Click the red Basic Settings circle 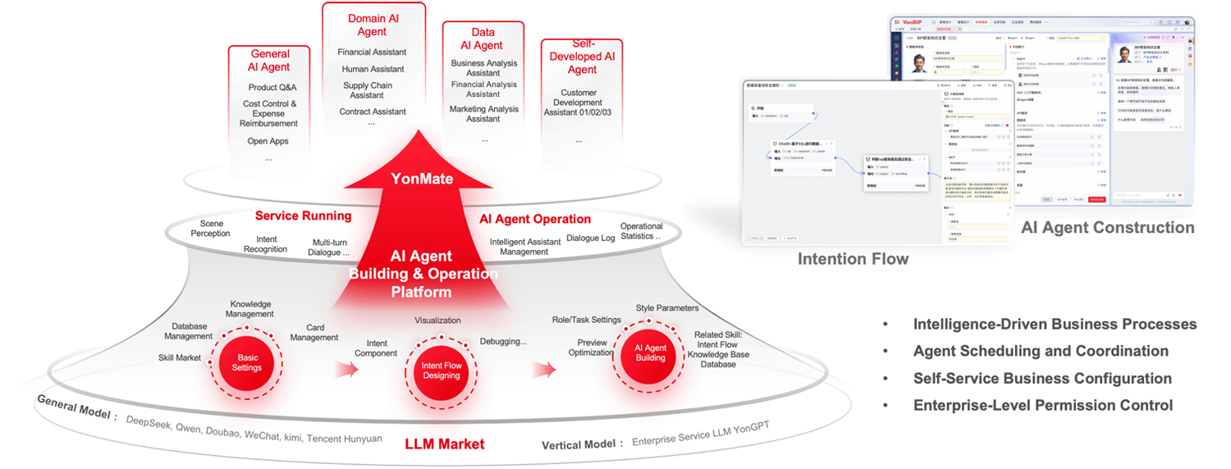[x=246, y=362]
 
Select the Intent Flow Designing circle [x=442, y=371]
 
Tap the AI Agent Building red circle [x=650, y=353]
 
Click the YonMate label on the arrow [x=422, y=179]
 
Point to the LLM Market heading [x=444, y=444]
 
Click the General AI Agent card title [x=269, y=61]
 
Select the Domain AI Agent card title [x=373, y=25]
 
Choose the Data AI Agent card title [x=483, y=38]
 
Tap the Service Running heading [x=303, y=216]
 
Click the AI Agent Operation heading [x=534, y=219]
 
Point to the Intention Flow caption [x=853, y=259]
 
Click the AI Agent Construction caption [x=1107, y=227]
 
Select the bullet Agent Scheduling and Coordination [x=1041, y=351]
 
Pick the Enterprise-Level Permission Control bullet [x=1042, y=405]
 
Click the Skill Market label [x=180, y=358]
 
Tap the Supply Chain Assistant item [x=368, y=90]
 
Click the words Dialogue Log [x=590, y=239]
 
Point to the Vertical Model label [x=579, y=444]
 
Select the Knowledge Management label [x=250, y=309]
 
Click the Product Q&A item [x=272, y=88]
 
